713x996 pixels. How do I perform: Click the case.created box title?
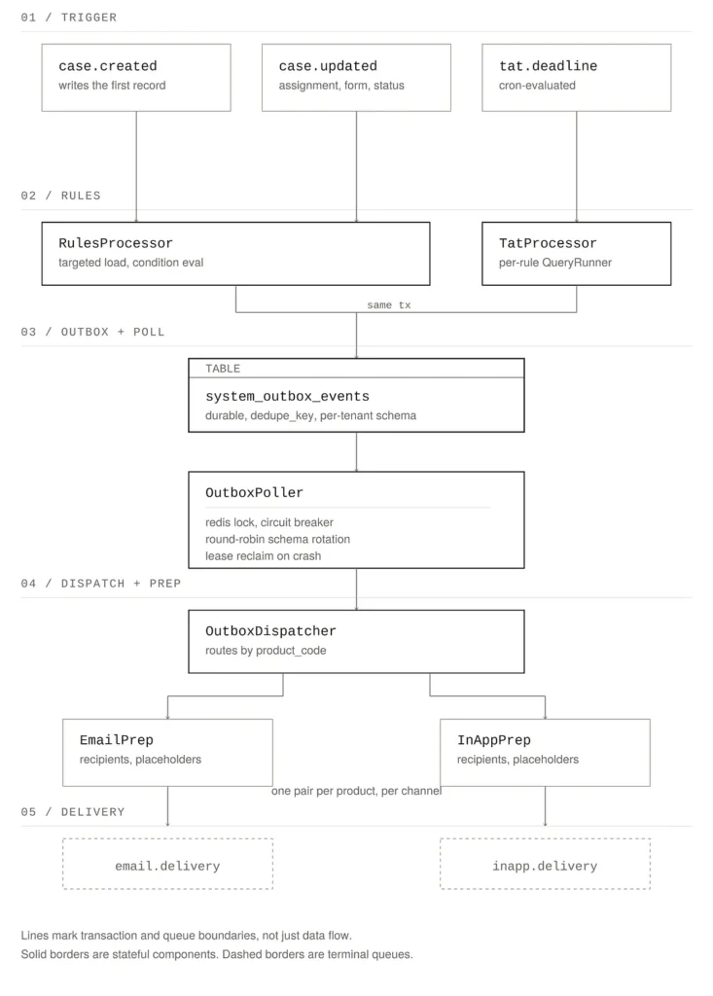click(107, 66)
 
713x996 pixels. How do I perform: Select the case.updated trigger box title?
click(328, 66)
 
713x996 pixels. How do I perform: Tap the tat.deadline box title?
click(548, 66)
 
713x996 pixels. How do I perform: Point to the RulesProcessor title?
click(116, 243)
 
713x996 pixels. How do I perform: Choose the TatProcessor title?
click(548, 243)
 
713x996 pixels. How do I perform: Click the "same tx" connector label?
click(389, 305)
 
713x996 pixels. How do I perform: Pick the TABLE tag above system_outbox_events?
click(223, 369)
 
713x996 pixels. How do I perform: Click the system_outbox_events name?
click(287, 397)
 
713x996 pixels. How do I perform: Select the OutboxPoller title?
click(254, 493)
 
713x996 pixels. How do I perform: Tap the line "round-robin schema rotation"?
click(277, 539)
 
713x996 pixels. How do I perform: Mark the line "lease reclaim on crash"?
click(263, 555)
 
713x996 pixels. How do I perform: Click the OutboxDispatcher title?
click(270, 631)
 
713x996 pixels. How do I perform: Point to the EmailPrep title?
click(117, 740)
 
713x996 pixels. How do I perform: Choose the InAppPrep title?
click(494, 740)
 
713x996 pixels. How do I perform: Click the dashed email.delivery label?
click(167, 867)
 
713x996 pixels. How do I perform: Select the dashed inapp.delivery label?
click(546, 867)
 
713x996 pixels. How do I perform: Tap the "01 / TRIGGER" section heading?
click(69, 18)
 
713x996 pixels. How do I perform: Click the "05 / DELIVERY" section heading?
click(73, 812)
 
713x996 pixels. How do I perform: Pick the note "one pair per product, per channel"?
click(356, 791)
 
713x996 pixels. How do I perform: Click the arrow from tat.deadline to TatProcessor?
click(577, 167)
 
